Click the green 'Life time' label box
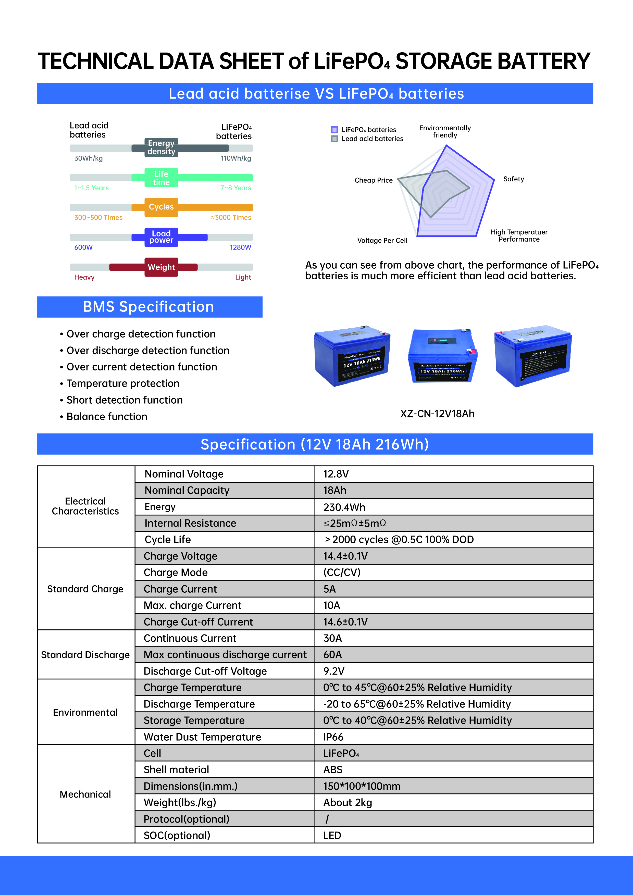[161, 178]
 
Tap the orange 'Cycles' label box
[161, 207]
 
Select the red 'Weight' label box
[161, 267]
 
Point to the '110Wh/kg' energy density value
[236, 158]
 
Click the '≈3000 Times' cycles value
[231, 218]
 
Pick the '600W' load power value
[83, 247]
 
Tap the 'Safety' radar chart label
[513, 179]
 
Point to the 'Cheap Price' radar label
[374, 180]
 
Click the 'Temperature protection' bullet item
[123, 383]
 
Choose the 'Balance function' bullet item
[107, 417]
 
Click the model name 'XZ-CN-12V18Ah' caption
[437, 414]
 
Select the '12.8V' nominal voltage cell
[336, 474]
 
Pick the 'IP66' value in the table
[333, 737]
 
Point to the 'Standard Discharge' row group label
[85, 655]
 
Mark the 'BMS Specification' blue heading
[149, 307]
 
